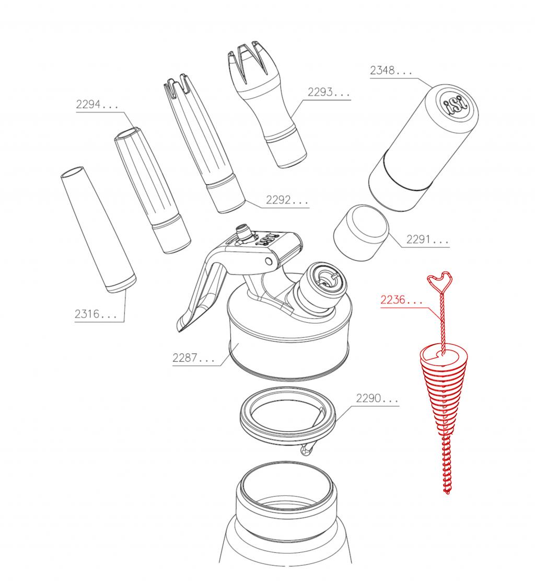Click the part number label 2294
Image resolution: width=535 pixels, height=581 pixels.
click(x=97, y=105)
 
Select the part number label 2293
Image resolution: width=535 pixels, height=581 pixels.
click(x=329, y=92)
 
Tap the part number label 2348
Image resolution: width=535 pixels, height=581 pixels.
click(x=391, y=71)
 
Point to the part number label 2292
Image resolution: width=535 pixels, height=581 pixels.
click(x=287, y=200)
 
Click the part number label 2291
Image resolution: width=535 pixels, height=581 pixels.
click(x=427, y=240)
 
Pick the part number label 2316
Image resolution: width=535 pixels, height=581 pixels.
click(x=96, y=314)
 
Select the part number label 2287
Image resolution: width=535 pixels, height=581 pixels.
click(x=193, y=358)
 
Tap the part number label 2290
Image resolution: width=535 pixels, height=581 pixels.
click(x=377, y=398)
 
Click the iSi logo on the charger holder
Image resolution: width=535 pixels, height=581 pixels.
click(x=456, y=105)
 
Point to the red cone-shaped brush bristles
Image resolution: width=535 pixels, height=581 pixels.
click(x=444, y=393)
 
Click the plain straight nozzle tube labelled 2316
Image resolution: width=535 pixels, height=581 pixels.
click(x=99, y=230)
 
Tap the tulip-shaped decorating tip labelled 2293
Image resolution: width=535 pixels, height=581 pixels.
click(x=266, y=104)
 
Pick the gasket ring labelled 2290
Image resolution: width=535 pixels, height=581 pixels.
click(x=288, y=416)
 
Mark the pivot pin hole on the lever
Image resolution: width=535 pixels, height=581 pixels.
click(x=269, y=261)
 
